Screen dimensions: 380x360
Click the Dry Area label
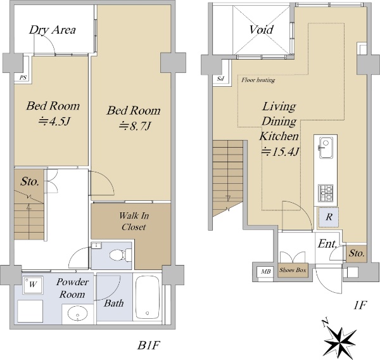[x=53, y=30]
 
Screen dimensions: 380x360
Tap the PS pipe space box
[x=23, y=78]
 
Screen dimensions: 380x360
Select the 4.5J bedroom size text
[x=54, y=121]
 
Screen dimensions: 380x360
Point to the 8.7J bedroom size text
[x=135, y=126]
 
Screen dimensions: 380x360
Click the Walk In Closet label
[x=134, y=221]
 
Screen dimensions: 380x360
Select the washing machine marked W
[x=33, y=285]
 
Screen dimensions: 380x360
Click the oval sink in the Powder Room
[x=77, y=314]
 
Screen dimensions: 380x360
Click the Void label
[x=261, y=30]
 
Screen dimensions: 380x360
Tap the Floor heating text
[x=258, y=80]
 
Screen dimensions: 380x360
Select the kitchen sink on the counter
[x=326, y=148]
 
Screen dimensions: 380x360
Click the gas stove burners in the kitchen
[x=326, y=193]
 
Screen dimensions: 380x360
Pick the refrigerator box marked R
[x=328, y=217]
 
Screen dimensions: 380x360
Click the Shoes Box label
[x=293, y=270]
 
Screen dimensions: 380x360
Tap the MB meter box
[x=265, y=271]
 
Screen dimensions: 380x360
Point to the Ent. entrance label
[x=327, y=243]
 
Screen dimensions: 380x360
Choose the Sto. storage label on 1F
[x=357, y=254]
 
